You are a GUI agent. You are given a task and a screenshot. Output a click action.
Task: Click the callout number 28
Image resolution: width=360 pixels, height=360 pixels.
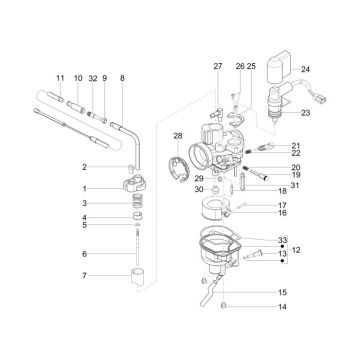coord(177,135)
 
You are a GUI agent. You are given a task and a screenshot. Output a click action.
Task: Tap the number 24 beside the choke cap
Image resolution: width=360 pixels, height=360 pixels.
coord(305,69)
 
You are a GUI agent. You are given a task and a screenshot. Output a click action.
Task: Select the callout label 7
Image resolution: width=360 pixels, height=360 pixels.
coord(85,275)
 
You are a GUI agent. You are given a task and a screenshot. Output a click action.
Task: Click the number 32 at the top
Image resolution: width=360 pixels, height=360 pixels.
coord(92,77)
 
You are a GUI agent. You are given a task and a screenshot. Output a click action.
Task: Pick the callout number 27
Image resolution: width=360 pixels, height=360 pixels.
coord(217,66)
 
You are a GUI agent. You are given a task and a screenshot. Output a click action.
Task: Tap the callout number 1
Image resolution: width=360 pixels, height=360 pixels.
coord(85,188)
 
